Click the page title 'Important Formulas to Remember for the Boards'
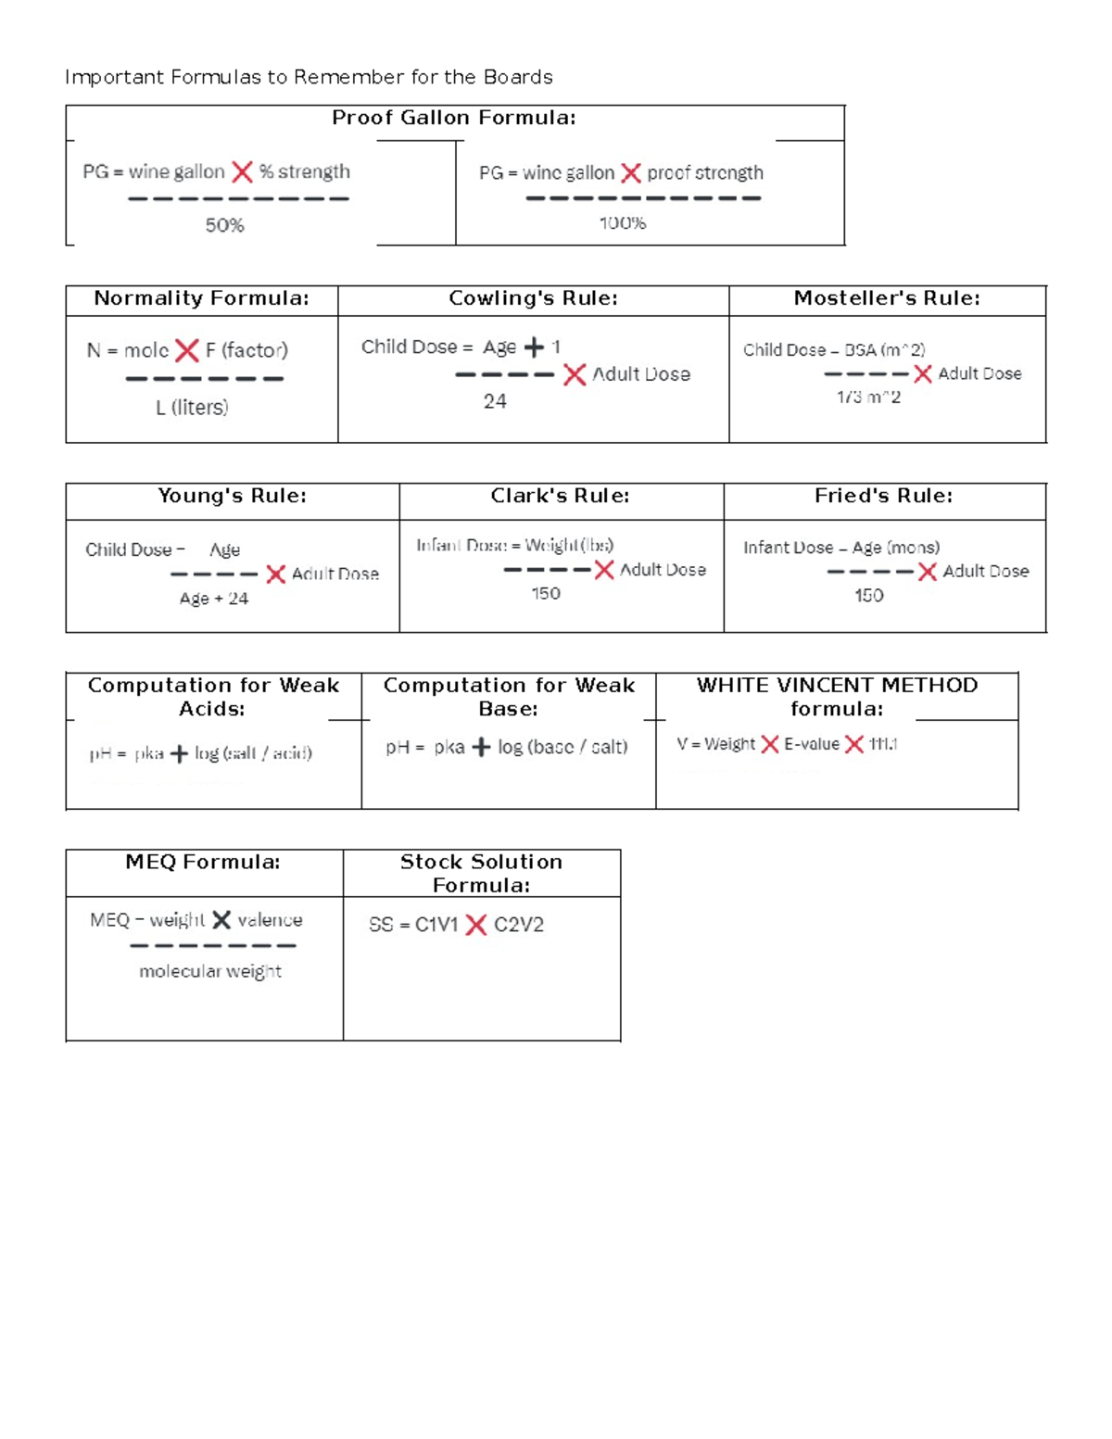309,77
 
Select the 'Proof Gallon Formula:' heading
454,118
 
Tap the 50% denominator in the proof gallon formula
225,225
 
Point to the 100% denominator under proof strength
623,222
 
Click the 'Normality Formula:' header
201,298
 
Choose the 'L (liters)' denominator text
192,408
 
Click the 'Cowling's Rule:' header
533,298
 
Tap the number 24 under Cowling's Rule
495,401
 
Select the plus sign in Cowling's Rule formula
535,347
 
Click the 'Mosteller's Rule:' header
887,298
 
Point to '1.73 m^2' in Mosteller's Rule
868,397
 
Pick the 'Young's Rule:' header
232,496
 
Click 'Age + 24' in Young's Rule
214,599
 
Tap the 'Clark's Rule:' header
560,496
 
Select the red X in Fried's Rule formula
928,572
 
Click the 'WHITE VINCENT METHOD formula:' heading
837,697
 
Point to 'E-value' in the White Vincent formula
812,744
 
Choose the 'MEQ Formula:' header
203,862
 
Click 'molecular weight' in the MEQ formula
210,971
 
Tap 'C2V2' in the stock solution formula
519,925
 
